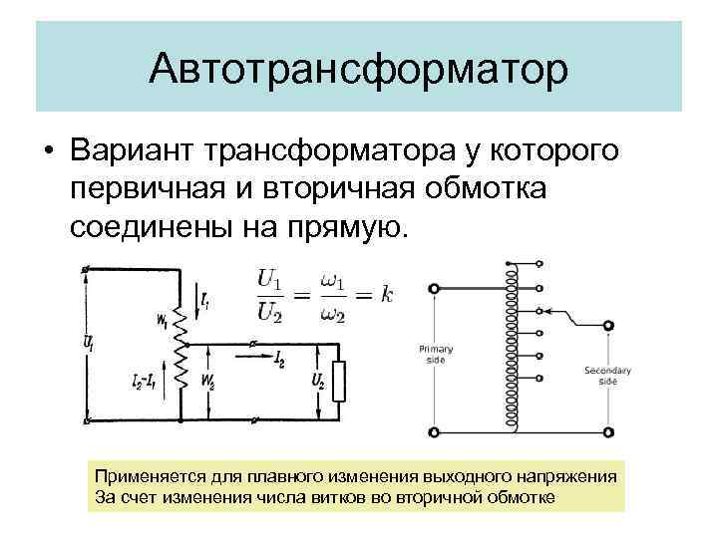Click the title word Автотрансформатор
tap(359, 70)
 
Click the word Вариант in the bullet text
tap(135, 152)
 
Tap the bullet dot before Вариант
tap(48, 152)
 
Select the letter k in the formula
tap(387, 295)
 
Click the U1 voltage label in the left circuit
tap(90, 342)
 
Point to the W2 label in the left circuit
tap(208, 380)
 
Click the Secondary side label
tap(607, 376)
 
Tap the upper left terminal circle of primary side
tap(434, 289)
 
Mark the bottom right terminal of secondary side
tap(608, 432)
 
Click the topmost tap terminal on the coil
tap(538, 264)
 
